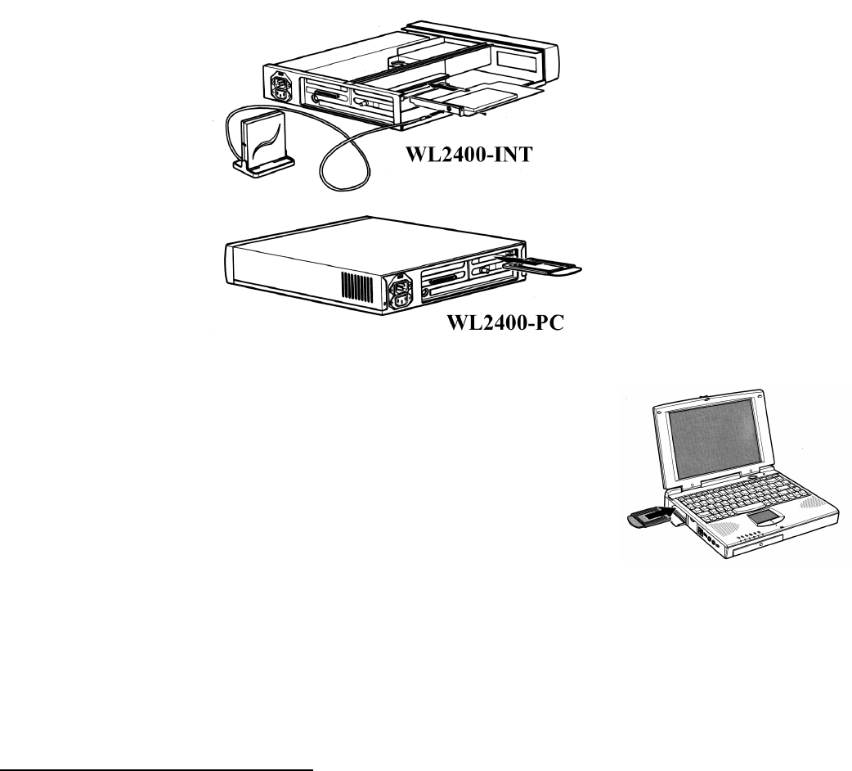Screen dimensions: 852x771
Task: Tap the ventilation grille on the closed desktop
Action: (357, 286)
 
